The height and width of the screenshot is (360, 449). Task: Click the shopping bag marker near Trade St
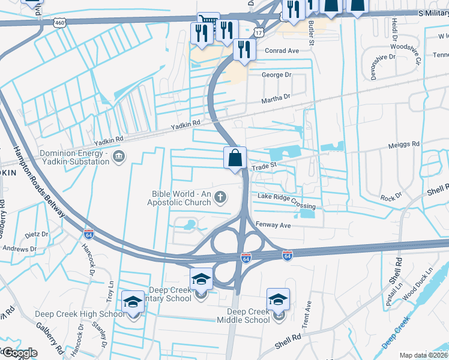[236, 159]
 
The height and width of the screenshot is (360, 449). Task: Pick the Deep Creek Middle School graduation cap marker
[279, 299]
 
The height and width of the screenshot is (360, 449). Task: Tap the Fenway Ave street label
[274, 225]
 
